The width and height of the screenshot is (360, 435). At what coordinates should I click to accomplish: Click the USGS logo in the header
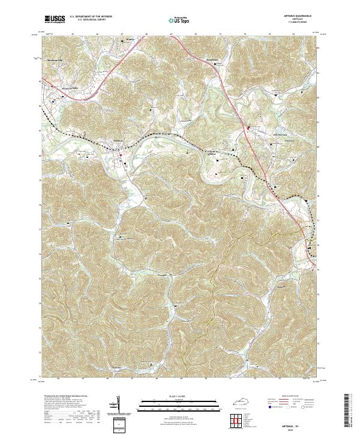(55, 19)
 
